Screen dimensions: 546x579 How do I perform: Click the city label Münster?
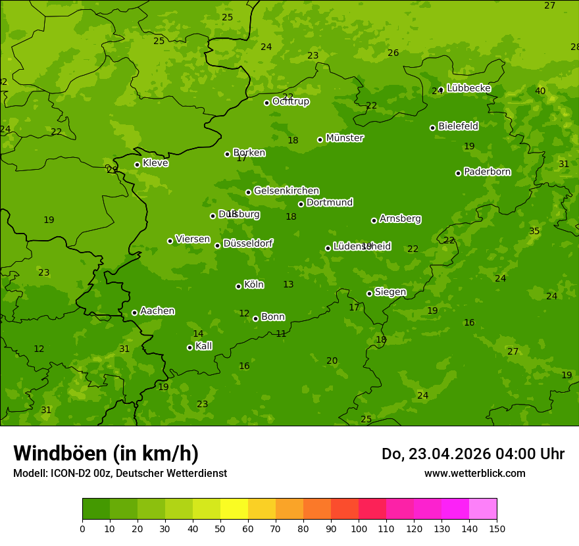click(344, 138)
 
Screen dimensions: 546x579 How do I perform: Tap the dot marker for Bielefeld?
click(432, 128)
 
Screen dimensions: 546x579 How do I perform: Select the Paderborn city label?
click(487, 172)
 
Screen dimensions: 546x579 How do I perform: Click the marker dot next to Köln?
click(238, 286)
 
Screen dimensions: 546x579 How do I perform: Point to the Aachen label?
click(157, 311)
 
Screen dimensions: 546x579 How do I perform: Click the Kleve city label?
click(155, 163)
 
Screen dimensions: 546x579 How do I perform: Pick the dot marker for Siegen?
click(369, 293)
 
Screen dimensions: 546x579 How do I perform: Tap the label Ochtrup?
click(290, 101)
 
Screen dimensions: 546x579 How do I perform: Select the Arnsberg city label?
click(400, 218)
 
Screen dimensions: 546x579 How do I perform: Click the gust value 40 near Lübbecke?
click(540, 91)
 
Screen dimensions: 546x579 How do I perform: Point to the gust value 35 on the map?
click(534, 232)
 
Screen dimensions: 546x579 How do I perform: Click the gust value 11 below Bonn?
click(281, 334)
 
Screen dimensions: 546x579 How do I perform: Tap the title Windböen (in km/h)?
click(106, 453)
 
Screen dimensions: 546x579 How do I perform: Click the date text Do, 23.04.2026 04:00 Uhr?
click(473, 454)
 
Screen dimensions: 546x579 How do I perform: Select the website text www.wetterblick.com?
click(474, 474)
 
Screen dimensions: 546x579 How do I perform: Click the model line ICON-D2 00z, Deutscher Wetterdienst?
click(120, 474)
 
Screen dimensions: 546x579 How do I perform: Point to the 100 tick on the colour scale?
click(359, 529)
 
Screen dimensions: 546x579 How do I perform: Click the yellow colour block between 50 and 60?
click(234, 509)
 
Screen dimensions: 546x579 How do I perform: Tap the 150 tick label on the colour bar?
click(497, 529)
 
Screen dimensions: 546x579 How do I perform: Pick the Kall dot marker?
click(189, 347)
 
